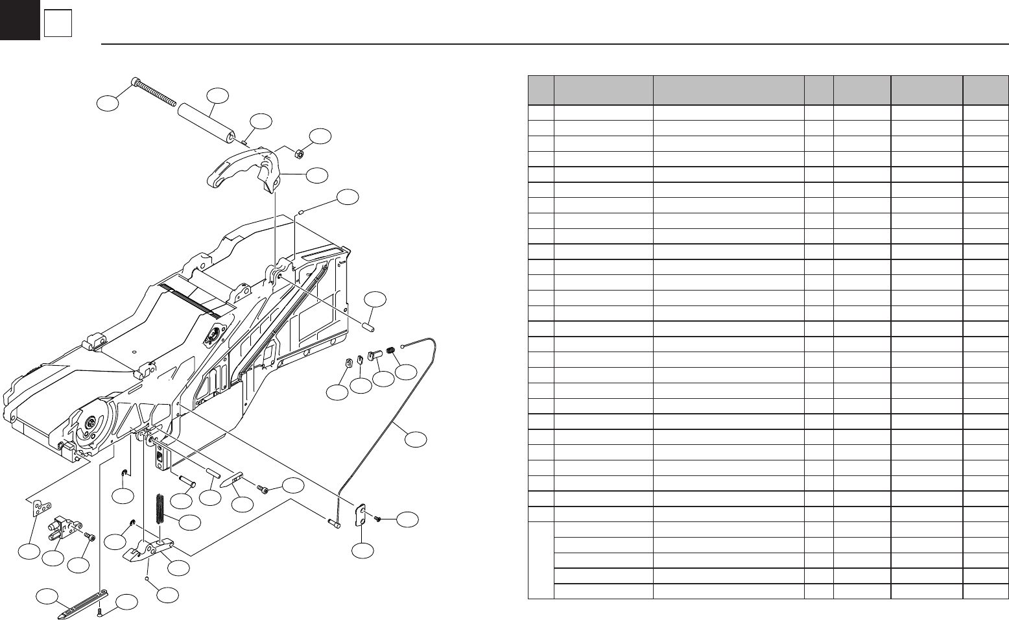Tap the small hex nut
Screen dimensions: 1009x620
(300, 154)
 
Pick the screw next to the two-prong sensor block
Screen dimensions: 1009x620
(89, 536)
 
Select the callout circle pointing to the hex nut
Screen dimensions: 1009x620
(320, 136)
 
